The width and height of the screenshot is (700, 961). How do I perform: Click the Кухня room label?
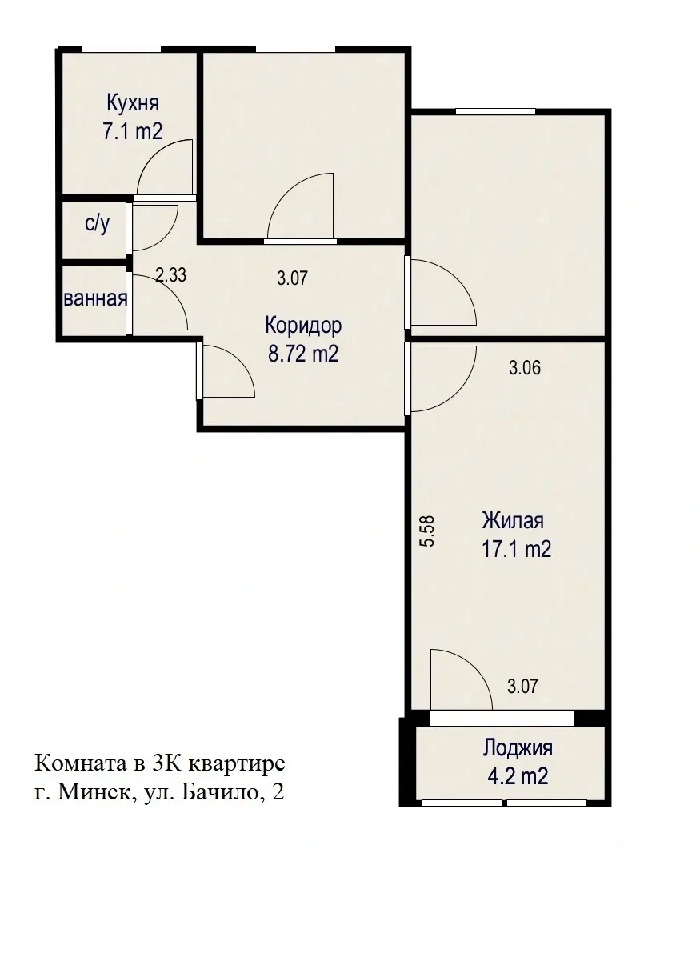(133, 103)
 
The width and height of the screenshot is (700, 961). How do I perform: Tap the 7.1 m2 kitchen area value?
(132, 131)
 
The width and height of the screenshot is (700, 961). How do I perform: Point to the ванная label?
(95, 299)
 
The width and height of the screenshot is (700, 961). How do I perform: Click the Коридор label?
(303, 326)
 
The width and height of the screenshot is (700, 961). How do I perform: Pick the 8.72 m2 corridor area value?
(303, 354)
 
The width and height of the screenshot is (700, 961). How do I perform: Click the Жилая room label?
(512, 521)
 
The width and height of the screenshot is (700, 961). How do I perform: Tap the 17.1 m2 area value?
(516, 550)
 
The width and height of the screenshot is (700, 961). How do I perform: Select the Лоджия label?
(517, 748)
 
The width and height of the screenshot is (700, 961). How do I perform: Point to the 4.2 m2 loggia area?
(517, 775)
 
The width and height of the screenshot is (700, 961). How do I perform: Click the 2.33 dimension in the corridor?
(170, 276)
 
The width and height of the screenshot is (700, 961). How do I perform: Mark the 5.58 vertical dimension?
(427, 530)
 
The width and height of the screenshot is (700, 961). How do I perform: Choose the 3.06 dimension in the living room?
(525, 369)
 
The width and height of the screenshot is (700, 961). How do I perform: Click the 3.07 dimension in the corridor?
(292, 278)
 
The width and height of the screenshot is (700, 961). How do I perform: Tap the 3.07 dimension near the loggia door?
(522, 686)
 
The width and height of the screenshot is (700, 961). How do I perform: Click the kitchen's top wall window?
(122, 50)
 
